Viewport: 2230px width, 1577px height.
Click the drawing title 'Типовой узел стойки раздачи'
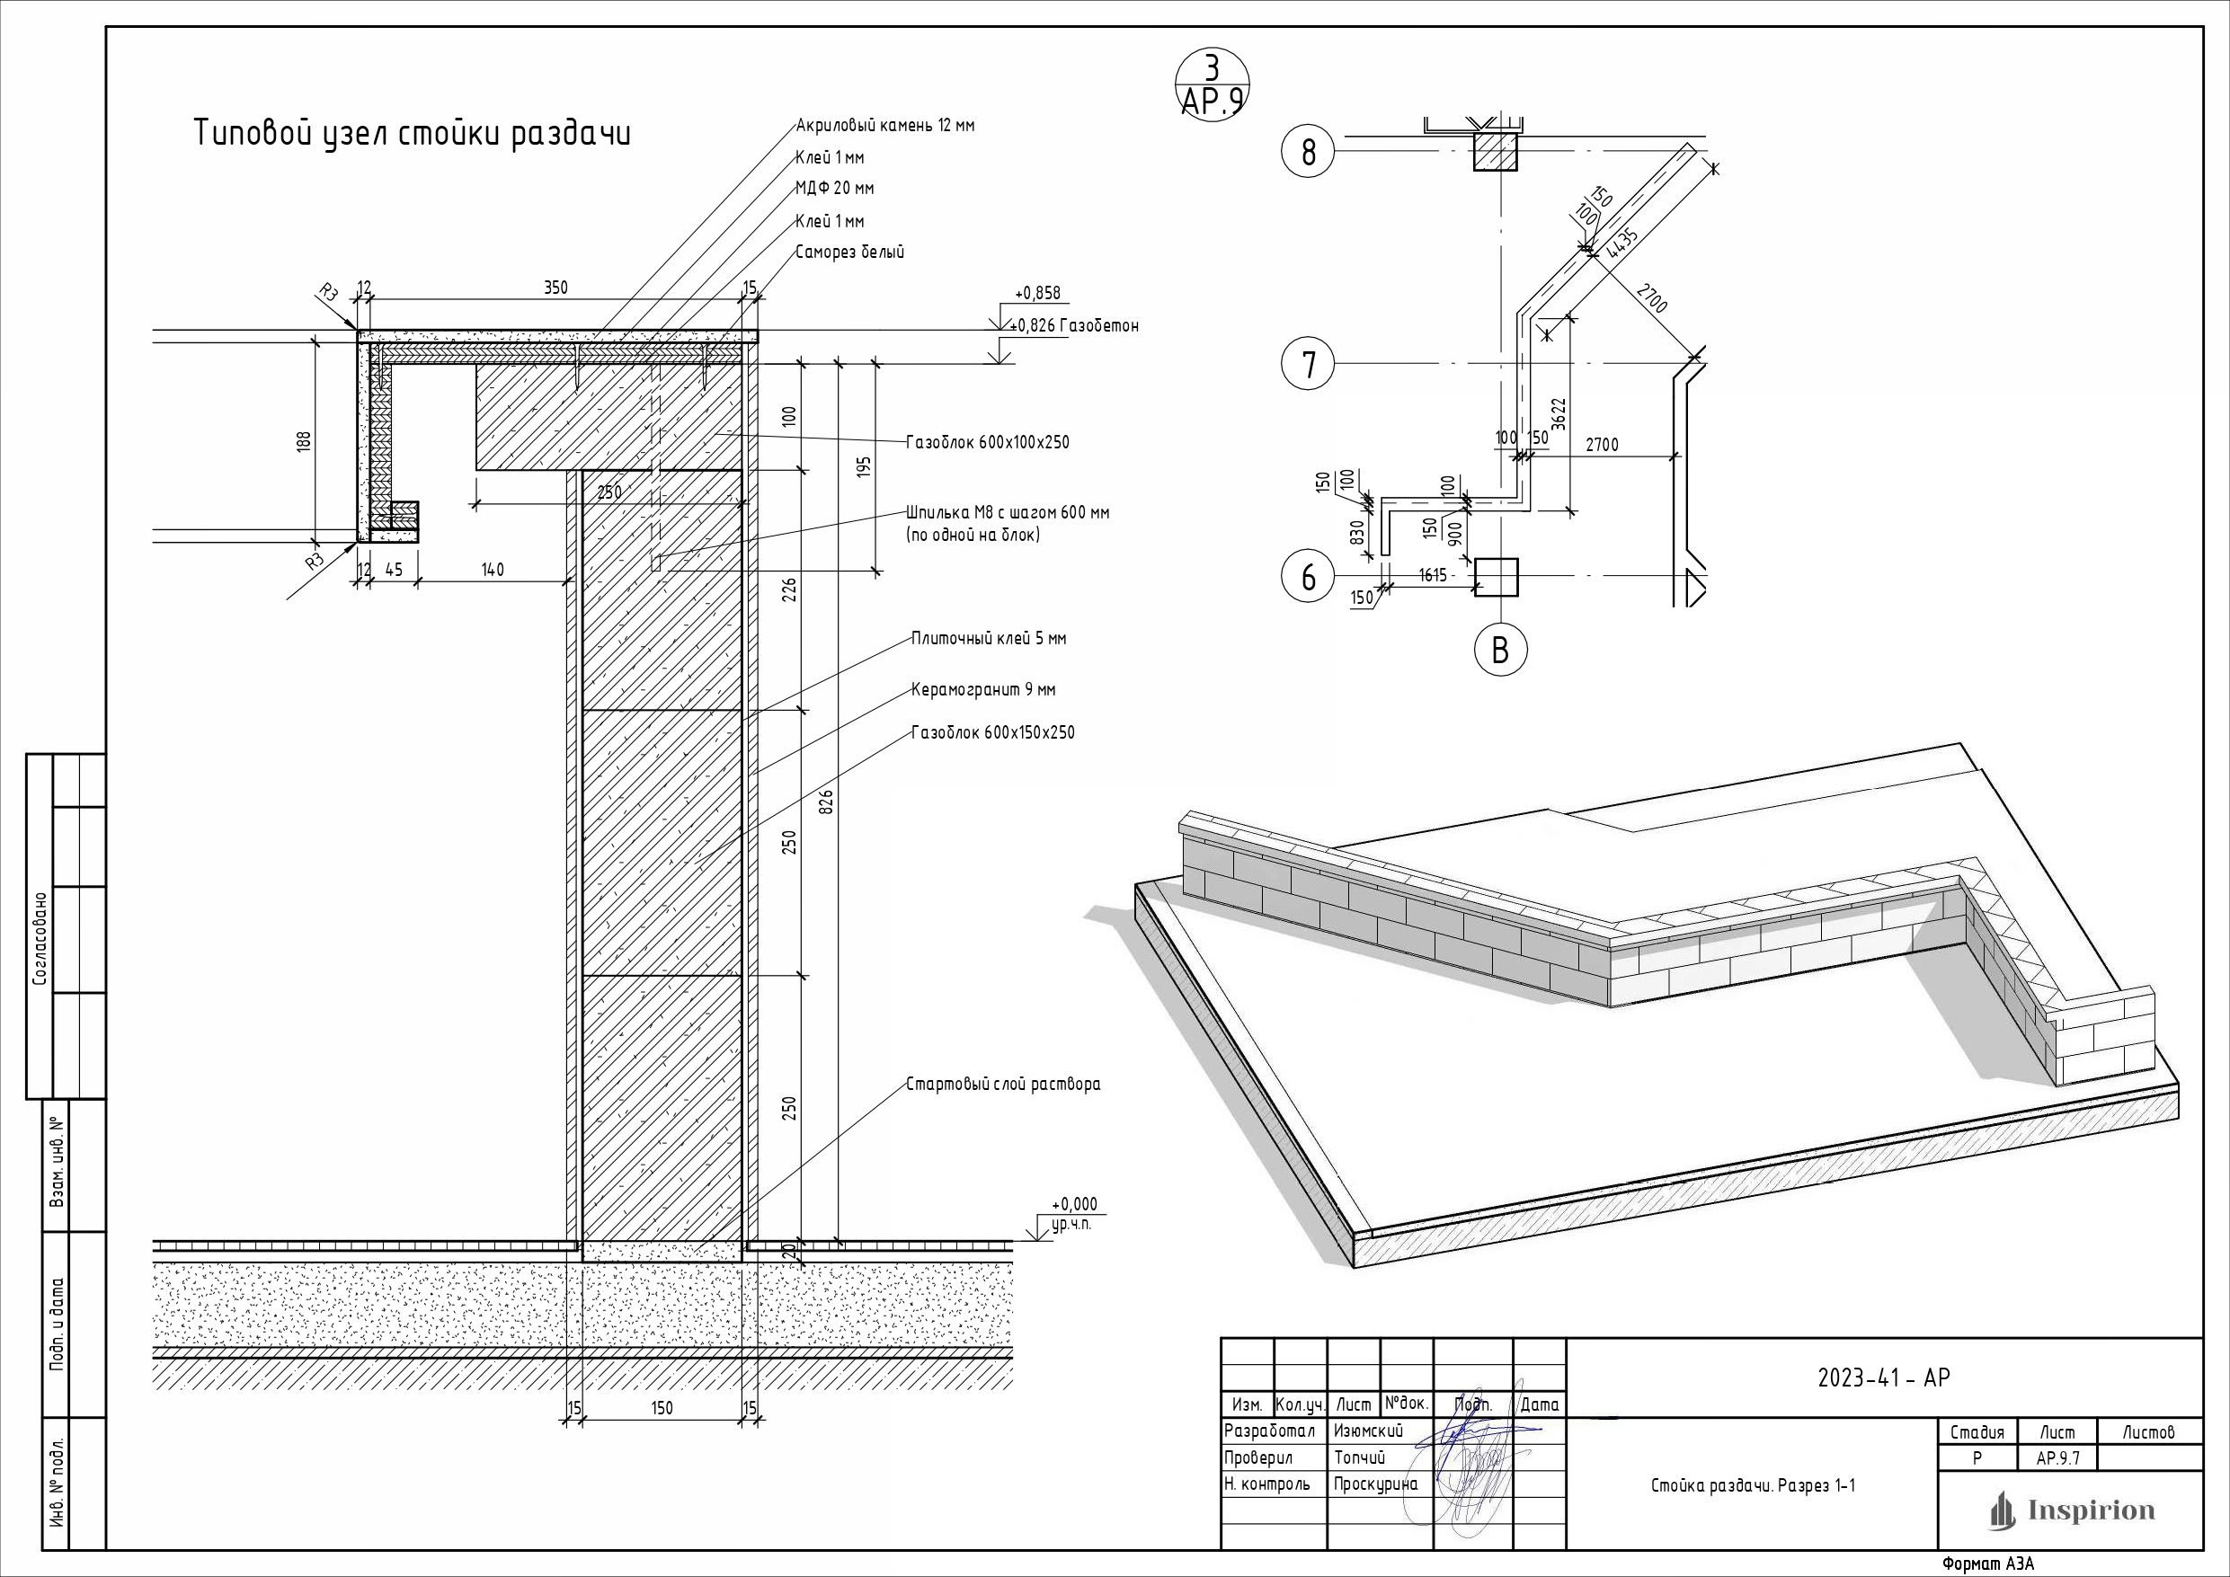pyautogui.click(x=413, y=133)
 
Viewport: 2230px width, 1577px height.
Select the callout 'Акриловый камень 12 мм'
pyautogui.click(x=884, y=125)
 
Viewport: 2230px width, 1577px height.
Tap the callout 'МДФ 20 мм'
pyautogui.click(x=834, y=189)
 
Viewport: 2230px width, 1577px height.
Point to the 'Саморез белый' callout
pyautogui.click(x=850, y=252)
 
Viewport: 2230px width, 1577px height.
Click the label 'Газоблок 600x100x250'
pyautogui.click(x=988, y=443)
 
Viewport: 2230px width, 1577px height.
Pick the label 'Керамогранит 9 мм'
pyautogui.click(x=983, y=690)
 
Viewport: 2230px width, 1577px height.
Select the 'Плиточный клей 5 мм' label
pyautogui.click(x=989, y=639)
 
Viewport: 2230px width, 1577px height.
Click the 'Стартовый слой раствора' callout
pyautogui.click(x=1003, y=1085)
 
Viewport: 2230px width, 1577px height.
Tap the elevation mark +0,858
pyautogui.click(x=1037, y=293)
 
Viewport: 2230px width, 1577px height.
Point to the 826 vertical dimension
pyautogui.click(x=828, y=802)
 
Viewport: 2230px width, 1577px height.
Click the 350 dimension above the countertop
pyautogui.click(x=555, y=288)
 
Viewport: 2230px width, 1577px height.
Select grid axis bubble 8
pyautogui.click(x=1309, y=154)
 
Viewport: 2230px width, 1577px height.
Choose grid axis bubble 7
pyautogui.click(x=1309, y=364)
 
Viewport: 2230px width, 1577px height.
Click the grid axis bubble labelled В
pyautogui.click(x=1499, y=650)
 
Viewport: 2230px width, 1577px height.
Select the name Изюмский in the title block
pyautogui.click(x=1369, y=1431)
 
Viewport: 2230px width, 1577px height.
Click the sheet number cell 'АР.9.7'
pyautogui.click(x=2057, y=1458)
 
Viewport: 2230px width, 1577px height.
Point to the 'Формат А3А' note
pyautogui.click(x=1987, y=1564)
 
